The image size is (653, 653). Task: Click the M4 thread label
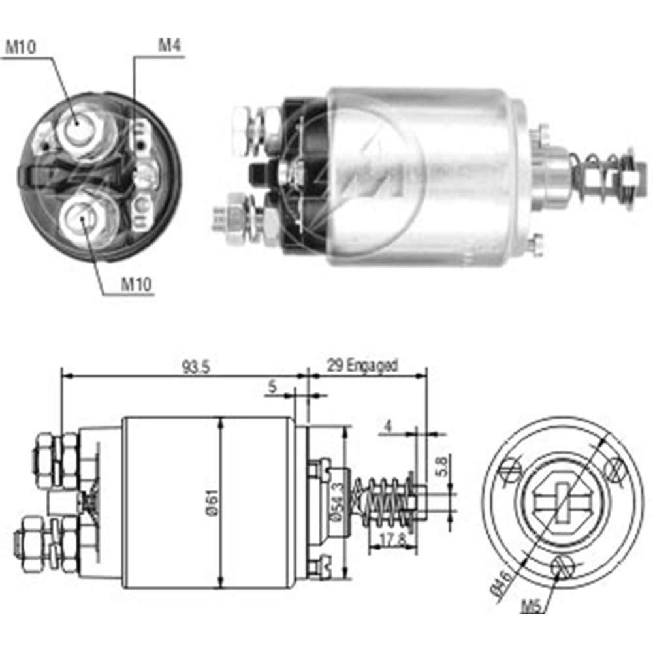pos(170,45)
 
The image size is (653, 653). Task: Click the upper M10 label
pos(21,47)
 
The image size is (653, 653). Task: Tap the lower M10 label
pos(136,285)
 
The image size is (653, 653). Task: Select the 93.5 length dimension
pos(196,367)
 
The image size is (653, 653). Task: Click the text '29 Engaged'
pos(362,365)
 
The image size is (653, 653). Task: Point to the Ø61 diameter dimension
pos(212,502)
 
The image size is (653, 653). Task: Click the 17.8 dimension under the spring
pos(392,540)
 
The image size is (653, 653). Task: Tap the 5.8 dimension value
pos(442,467)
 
